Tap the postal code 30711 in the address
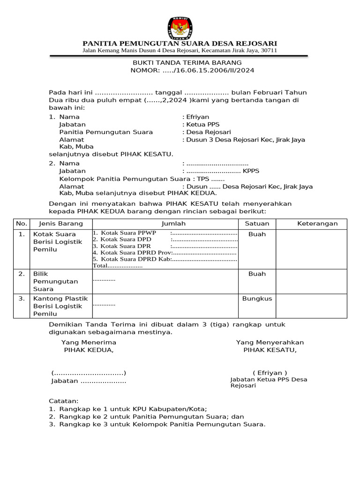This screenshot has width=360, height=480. [269, 51]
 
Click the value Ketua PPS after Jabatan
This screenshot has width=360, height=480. [199, 125]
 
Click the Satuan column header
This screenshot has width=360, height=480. [256, 224]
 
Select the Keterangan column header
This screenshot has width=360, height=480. [317, 224]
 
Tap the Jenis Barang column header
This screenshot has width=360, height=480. [60, 224]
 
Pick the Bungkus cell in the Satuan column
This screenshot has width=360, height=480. [257, 299]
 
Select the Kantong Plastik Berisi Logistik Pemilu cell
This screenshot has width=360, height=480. [57, 306]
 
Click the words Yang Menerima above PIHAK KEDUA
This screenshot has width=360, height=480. [89, 342]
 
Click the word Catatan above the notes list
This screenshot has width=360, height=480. [64, 401]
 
